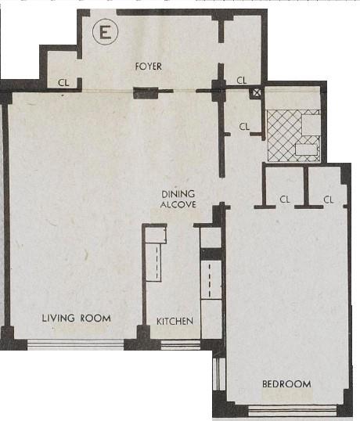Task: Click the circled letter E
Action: point(102,33)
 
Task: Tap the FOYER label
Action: point(147,67)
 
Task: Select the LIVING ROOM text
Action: point(76,318)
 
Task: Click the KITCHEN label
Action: point(175,322)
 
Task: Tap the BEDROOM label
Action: point(286,384)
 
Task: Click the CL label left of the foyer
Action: point(63,81)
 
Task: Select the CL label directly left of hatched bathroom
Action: point(244,126)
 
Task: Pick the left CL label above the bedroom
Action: point(285,200)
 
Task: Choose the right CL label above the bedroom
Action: point(329,200)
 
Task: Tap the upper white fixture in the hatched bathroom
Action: point(311,121)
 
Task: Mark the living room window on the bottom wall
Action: point(76,342)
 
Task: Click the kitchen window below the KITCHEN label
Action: point(174,342)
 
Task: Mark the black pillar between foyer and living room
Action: point(146,94)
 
